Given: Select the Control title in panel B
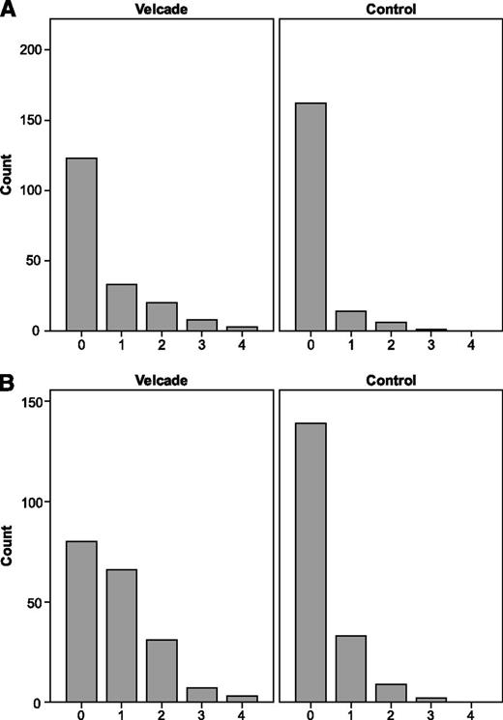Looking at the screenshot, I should coord(391,381).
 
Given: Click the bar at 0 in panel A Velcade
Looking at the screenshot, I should coord(80,244).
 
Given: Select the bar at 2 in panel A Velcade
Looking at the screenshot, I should coord(162,316).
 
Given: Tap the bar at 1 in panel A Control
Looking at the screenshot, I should coord(350,321).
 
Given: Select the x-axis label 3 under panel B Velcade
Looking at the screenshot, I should coord(202,714).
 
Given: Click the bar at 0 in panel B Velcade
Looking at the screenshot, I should coord(80,621).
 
